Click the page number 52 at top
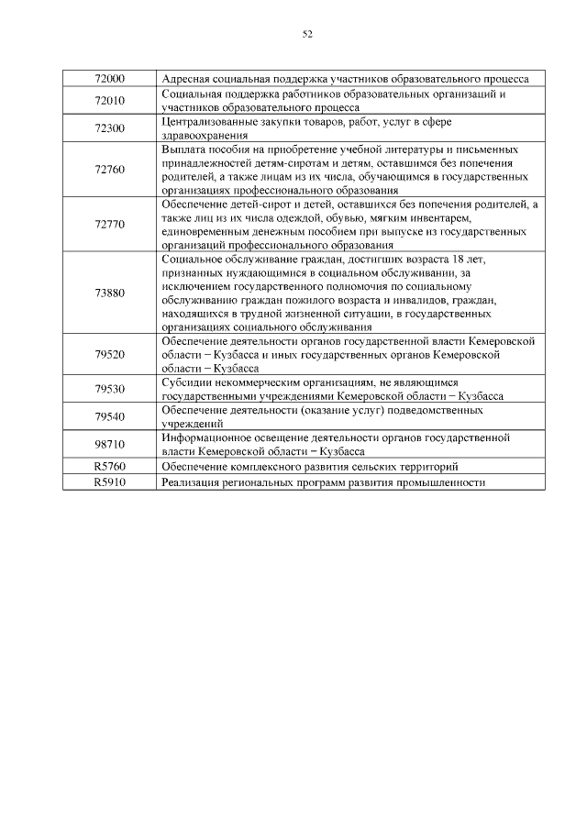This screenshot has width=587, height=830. (307, 35)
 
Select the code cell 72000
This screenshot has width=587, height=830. (109, 79)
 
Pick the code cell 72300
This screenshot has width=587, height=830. (109, 128)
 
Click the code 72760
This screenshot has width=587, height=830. (109, 170)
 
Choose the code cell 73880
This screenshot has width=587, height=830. (109, 293)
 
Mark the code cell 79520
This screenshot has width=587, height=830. (109, 354)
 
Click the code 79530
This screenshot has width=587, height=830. (109, 389)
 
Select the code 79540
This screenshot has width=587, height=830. (109, 417)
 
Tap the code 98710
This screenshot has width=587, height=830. (109, 445)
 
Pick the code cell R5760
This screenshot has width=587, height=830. (109, 467)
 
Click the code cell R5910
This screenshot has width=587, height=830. (109, 481)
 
